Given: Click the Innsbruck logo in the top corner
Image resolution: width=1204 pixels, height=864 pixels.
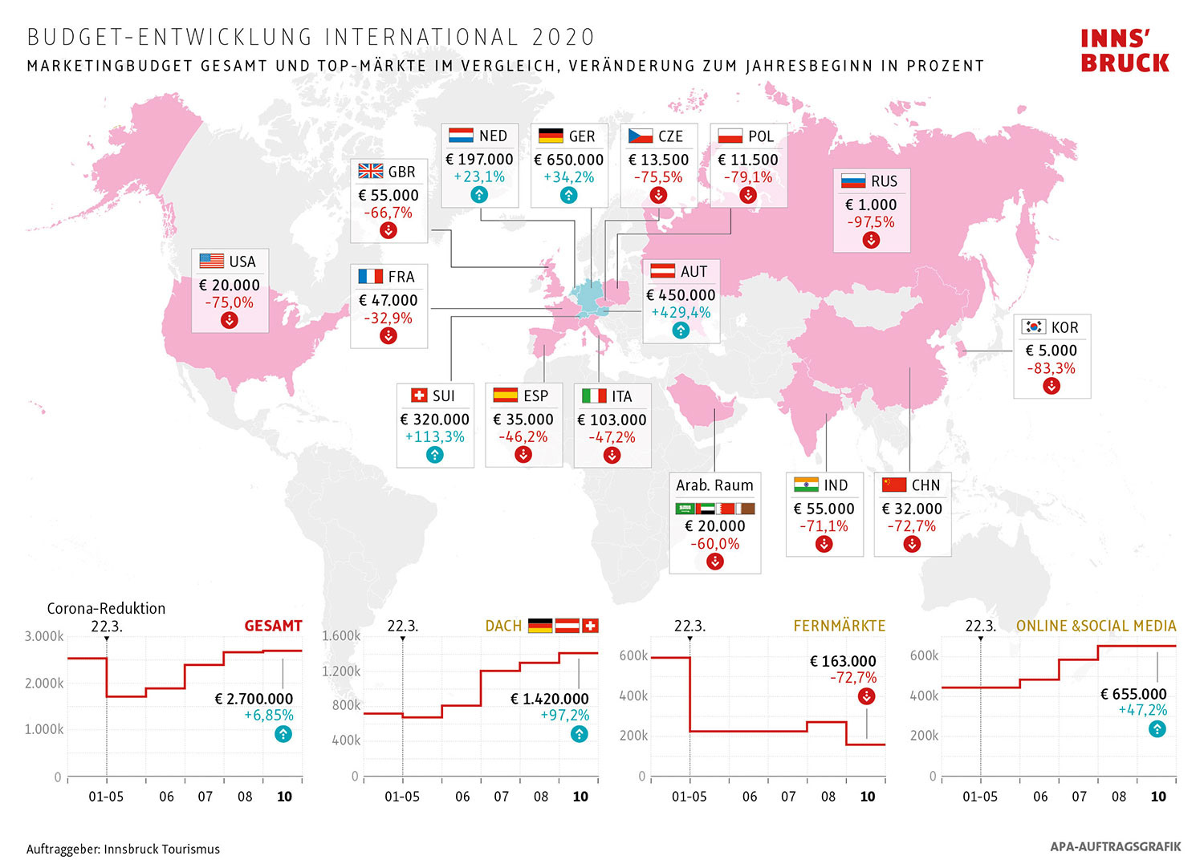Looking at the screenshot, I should pyautogui.click(x=1125, y=51).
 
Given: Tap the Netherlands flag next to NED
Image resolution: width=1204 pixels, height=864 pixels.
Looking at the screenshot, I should pyautogui.click(x=461, y=136).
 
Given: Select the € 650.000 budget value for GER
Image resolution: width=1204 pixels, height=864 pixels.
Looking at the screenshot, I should pyautogui.click(x=568, y=160).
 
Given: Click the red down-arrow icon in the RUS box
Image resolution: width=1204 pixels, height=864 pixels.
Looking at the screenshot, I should pyautogui.click(x=871, y=240).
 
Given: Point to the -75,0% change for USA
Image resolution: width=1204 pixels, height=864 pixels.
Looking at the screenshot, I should pyautogui.click(x=230, y=302).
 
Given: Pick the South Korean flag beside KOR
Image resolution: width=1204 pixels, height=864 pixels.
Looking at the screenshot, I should pyautogui.click(x=1034, y=327).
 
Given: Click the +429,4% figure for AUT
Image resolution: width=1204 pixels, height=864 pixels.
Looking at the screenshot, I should pyautogui.click(x=681, y=312).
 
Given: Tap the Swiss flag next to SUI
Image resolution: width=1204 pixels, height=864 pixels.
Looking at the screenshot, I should pyautogui.click(x=419, y=395).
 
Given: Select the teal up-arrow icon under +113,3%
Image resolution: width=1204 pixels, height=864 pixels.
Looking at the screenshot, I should pyautogui.click(x=434, y=455).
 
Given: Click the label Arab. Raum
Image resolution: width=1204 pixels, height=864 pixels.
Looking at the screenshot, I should pyautogui.click(x=714, y=485).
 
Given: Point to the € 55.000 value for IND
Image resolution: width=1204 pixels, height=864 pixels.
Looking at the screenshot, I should pyautogui.click(x=824, y=509).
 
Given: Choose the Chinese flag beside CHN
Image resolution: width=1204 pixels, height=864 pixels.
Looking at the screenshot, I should pyautogui.click(x=893, y=485).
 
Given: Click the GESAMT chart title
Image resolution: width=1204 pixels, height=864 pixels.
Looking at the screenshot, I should pyautogui.click(x=273, y=626).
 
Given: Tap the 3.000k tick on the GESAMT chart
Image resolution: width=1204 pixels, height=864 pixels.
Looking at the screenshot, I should pyautogui.click(x=44, y=636).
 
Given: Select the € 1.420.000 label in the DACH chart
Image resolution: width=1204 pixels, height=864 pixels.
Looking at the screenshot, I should pyautogui.click(x=549, y=699).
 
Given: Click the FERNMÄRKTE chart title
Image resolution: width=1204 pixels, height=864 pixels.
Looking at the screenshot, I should pyautogui.click(x=839, y=626).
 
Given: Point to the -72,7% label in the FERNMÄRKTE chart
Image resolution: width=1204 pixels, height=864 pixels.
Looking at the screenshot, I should pyautogui.click(x=853, y=678).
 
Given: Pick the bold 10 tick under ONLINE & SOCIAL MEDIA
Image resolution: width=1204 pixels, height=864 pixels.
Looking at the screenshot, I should pyautogui.click(x=1158, y=797).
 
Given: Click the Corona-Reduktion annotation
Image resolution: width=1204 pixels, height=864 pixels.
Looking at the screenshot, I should pyautogui.click(x=106, y=608).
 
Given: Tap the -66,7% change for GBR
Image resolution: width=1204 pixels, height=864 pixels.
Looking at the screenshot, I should pyautogui.click(x=388, y=213).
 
